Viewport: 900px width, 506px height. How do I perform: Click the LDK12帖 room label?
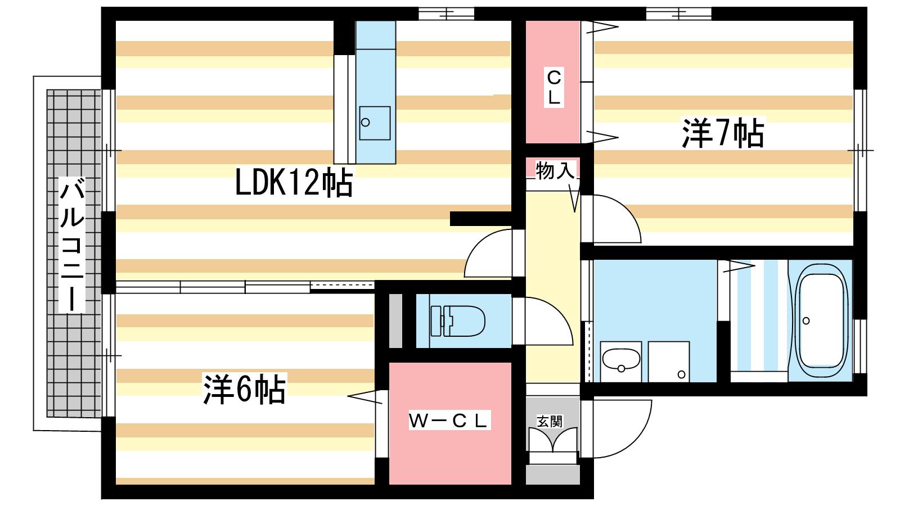click(294, 182)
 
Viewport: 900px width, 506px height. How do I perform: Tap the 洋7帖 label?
click(723, 134)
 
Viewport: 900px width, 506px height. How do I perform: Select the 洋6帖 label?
click(244, 388)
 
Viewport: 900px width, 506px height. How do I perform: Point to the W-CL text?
click(449, 420)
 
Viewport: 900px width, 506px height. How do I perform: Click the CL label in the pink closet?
click(553, 88)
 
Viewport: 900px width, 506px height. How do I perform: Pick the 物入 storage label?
click(555, 170)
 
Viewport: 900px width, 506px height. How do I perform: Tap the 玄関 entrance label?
click(549, 421)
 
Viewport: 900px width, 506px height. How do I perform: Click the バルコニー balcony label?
click(72, 245)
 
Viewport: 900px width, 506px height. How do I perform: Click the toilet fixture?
click(458, 321)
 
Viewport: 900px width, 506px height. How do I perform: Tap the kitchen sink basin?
click(375, 123)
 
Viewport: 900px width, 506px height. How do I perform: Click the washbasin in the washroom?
click(621, 359)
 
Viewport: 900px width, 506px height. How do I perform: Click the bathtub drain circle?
click(806, 321)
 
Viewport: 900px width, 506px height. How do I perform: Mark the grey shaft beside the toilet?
click(395, 320)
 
